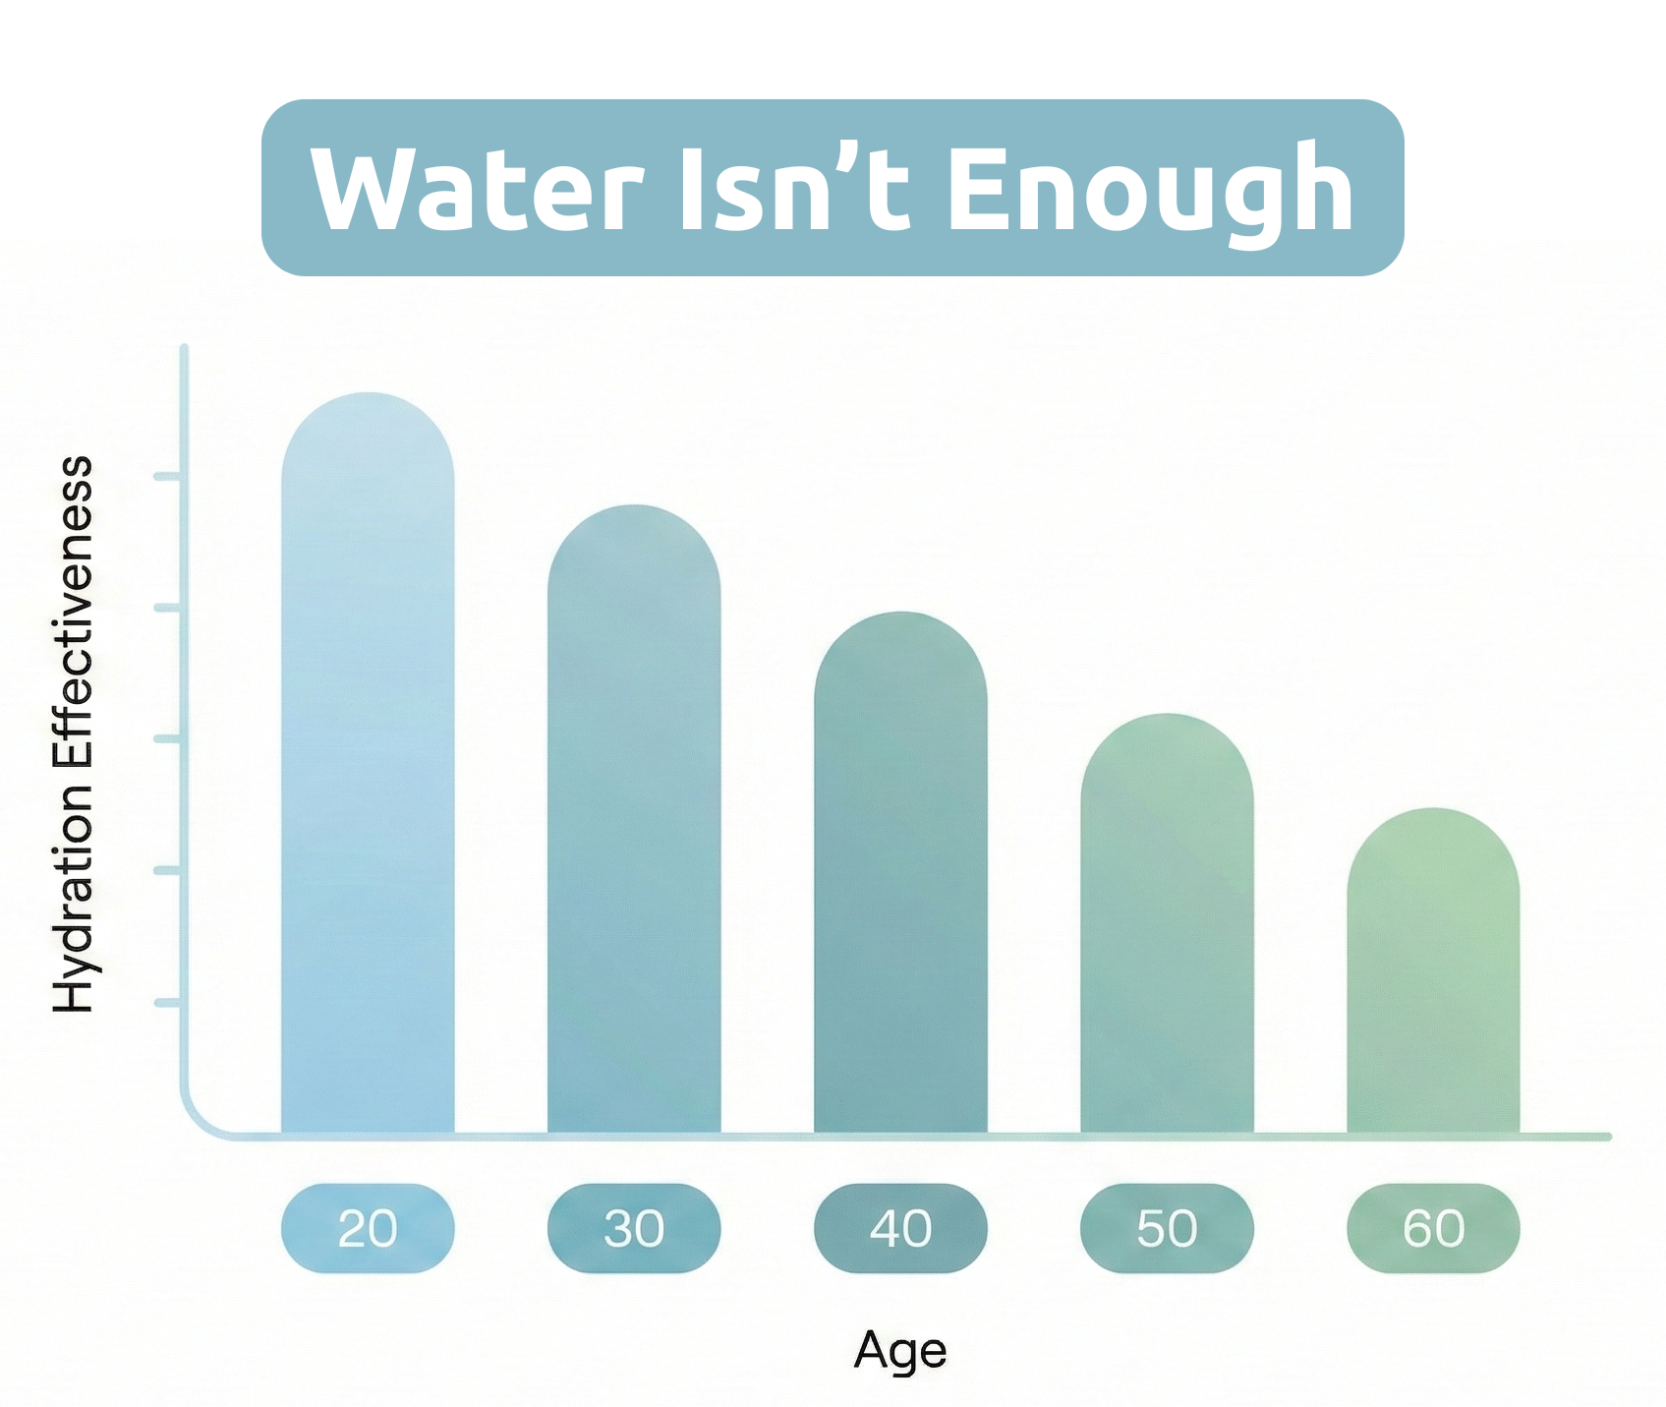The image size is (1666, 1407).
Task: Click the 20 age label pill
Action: click(x=368, y=1228)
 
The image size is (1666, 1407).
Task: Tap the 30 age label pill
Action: click(x=634, y=1228)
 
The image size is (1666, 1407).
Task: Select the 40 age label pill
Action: click(x=900, y=1228)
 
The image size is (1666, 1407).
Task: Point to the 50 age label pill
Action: click(x=1167, y=1228)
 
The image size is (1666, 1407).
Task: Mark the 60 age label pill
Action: click(x=1433, y=1228)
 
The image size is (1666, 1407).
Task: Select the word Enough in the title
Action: click(x=1150, y=189)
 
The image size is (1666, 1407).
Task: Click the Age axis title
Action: click(x=899, y=1351)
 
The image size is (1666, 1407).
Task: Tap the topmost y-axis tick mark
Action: click(x=167, y=477)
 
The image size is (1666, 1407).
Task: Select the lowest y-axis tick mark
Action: click(x=167, y=1003)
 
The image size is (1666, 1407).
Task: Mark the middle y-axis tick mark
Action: click(x=167, y=738)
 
